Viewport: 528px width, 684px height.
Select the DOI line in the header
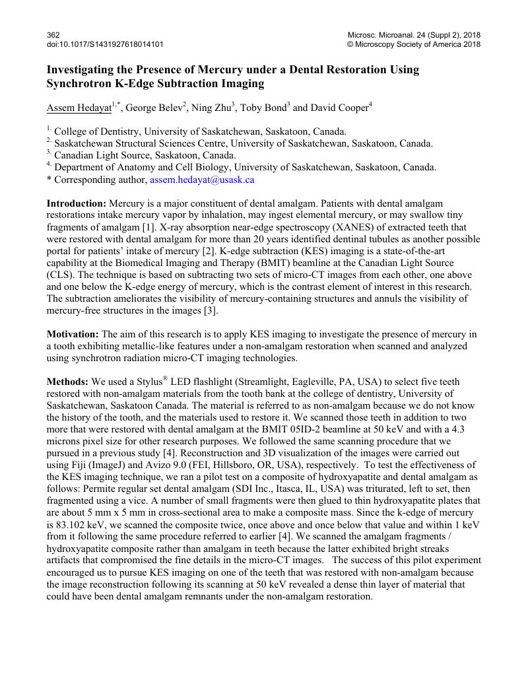tap(105, 44)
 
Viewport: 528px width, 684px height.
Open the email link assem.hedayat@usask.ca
tap(202, 179)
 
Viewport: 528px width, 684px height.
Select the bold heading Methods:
tap(67, 382)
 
